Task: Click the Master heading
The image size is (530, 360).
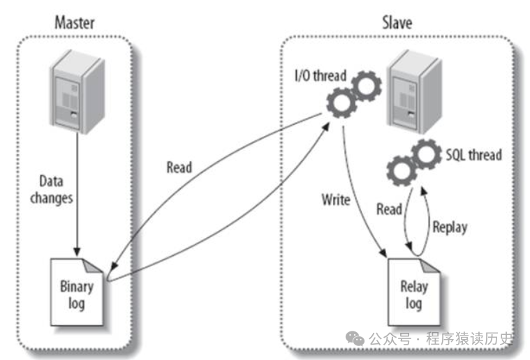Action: tap(75, 22)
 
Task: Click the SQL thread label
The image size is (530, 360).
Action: tap(473, 154)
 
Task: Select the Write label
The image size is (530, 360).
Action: tap(335, 200)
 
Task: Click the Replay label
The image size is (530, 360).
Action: tap(450, 227)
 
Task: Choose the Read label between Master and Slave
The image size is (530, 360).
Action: tap(179, 167)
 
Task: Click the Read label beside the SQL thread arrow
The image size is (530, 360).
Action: tap(388, 209)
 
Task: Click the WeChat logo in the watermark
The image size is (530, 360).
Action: tap(355, 339)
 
